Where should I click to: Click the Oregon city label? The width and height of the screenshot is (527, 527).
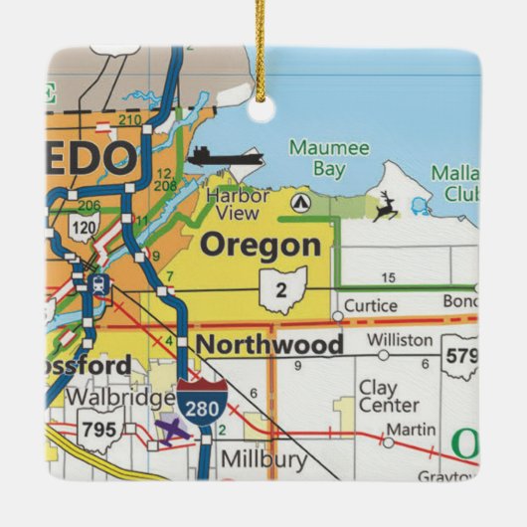[262, 245]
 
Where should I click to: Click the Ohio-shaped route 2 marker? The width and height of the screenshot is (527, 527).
[282, 289]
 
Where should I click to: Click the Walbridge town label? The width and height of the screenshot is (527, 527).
[120, 398]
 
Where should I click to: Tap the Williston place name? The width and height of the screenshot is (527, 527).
[400, 340]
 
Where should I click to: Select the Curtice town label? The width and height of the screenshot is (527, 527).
[370, 305]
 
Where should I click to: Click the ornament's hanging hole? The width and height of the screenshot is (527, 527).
[262, 110]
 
